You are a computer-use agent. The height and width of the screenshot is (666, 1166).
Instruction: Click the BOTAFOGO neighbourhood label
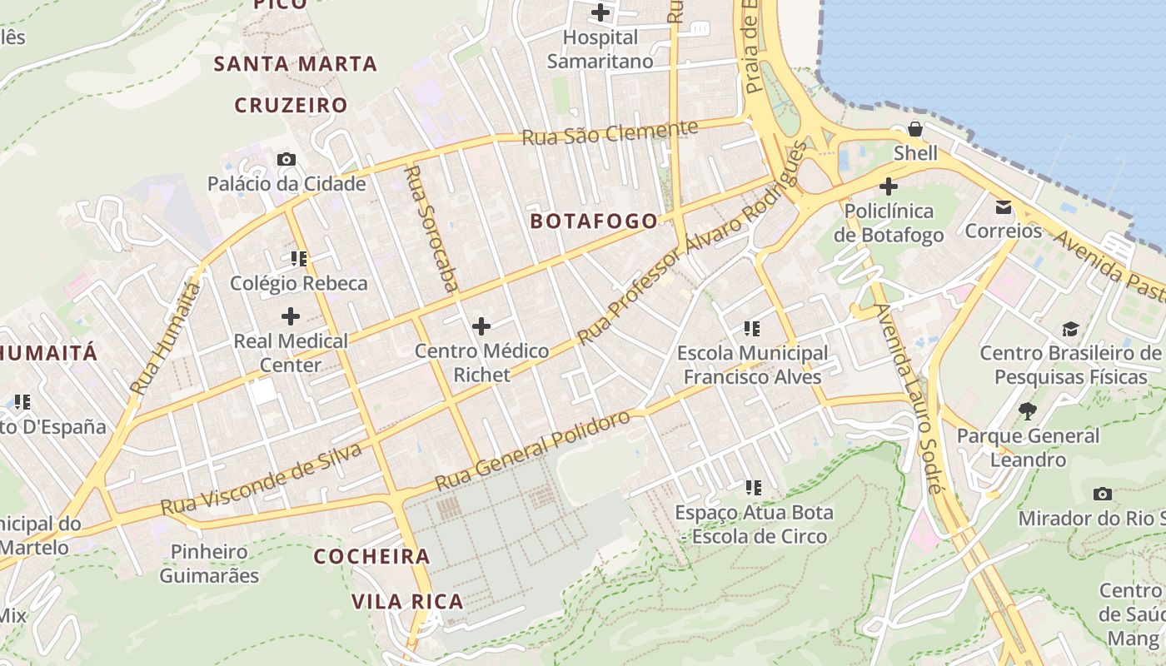(x=593, y=221)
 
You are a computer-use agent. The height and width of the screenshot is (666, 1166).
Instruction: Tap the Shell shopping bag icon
(x=915, y=129)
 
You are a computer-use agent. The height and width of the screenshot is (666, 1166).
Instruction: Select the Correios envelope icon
(x=1003, y=206)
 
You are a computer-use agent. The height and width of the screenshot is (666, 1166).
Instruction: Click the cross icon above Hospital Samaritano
(x=600, y=12)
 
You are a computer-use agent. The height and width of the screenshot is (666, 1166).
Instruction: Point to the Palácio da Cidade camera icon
(x=287, y=159)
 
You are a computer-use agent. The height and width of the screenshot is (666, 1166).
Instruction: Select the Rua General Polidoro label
(x=533, y=450)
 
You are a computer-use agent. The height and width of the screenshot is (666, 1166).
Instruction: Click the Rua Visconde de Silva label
(x=262, y=480)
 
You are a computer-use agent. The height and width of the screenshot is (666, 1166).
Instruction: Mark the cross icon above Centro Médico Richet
(x=481, y=326)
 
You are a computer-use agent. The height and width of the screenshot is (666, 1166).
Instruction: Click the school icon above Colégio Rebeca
(x=299, y=259)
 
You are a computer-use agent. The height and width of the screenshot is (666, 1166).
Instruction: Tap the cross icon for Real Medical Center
(x=291, y=316)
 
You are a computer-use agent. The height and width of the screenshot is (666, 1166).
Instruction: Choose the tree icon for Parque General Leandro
(x=1028, y=410)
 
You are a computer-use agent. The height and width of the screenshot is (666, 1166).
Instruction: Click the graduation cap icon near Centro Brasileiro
(x=1070, y=329)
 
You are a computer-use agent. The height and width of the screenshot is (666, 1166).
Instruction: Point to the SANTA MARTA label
(x=296, y=63)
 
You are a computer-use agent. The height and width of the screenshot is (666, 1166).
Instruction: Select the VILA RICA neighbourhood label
(x=406, y=601)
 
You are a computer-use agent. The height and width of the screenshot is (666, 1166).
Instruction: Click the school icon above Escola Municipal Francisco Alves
(x=752, y=329)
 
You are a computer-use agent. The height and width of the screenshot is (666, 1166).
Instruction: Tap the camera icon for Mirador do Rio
(x=1103, y=494)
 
